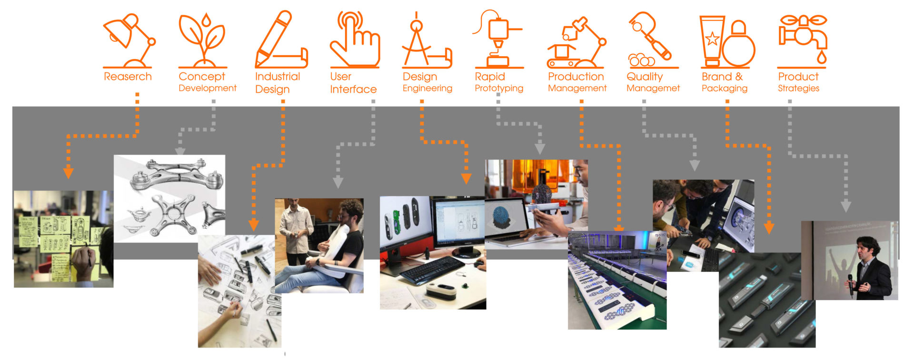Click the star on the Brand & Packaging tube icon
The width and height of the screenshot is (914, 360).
click(x=712, y=39)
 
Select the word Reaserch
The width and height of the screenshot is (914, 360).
click(x=128, y=77)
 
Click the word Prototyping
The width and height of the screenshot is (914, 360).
click(x=499, y=88)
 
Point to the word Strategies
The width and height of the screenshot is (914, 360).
click(x=798, y=88)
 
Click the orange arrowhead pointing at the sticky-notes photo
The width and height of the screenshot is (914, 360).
click(x=69, y=172)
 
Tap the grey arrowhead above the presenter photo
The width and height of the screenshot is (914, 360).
click(x=845, y=206)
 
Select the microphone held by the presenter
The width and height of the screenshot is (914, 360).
click(x=850, y=281)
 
